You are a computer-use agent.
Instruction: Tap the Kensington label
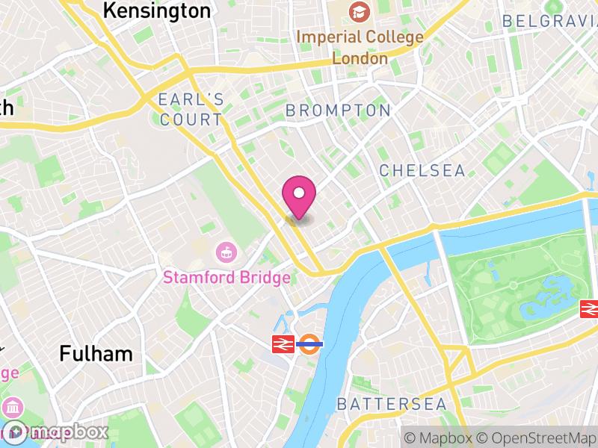pyautogui.click(x=156, y=10)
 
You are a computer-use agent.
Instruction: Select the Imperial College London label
pyautogui.click(x=360, y=46)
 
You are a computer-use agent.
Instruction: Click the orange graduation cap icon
pyautogui.click(x=360, y=12)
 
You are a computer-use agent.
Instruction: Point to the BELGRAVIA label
pyautogui.click(x=549, y=21)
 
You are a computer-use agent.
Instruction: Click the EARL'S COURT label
pyautogui.click(x=191, y=109)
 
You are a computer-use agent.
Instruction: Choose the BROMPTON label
pyautogui.click(x=338, y=111)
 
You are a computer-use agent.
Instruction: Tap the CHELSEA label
pyautogui.click(x=422, y=170)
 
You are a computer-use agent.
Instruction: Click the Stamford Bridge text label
pyautogui.click(x=226, y=278)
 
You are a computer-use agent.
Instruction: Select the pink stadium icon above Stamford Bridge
pyautogui.click(x=224, y=252)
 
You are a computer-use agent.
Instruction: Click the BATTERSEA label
pyautogui.click(x=391, y=405)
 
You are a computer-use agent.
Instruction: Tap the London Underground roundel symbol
pyautogui.click(x=309, y=344)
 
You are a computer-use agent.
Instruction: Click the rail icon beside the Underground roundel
pyautogui.click(x=282, y=344)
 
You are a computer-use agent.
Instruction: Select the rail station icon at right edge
pyautogui.click(x=591, y=308)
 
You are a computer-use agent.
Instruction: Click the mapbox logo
pyautogui.click(x=56, y=432)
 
